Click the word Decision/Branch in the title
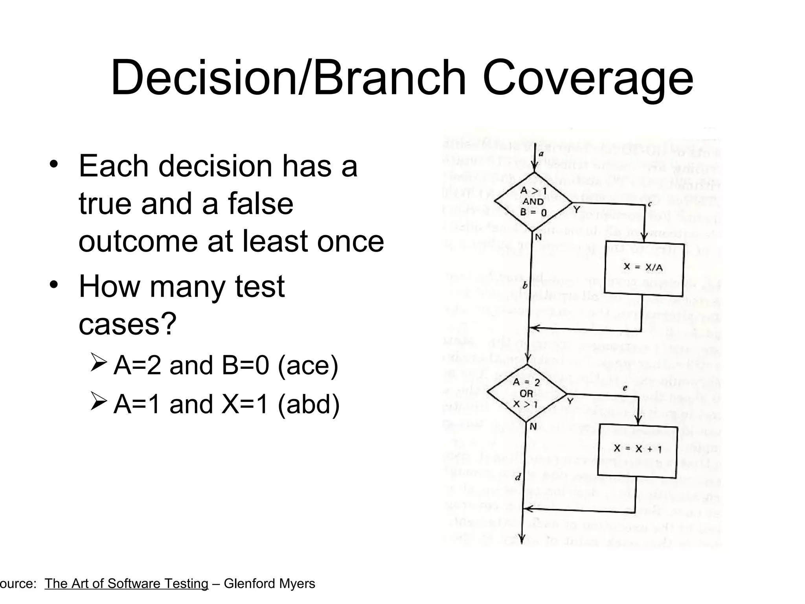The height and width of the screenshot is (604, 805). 288,79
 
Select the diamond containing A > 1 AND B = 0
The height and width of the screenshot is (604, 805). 533,202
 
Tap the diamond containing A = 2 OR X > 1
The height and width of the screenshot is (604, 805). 527,393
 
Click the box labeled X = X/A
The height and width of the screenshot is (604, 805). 643,268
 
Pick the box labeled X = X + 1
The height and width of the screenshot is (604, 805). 637,449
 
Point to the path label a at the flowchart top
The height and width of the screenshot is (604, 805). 541,154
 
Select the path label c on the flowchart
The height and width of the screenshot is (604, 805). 649,204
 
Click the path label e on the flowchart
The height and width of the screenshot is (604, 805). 625,388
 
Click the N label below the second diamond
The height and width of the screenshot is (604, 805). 533,426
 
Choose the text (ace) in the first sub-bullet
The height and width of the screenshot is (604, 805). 308,365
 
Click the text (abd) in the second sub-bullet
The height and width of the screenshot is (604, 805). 309,404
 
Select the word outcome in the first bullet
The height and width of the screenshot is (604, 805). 138,241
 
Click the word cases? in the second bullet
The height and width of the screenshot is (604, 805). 127,324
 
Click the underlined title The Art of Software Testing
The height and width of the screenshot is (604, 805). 126,584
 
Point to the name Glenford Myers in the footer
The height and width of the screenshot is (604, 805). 269,584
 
